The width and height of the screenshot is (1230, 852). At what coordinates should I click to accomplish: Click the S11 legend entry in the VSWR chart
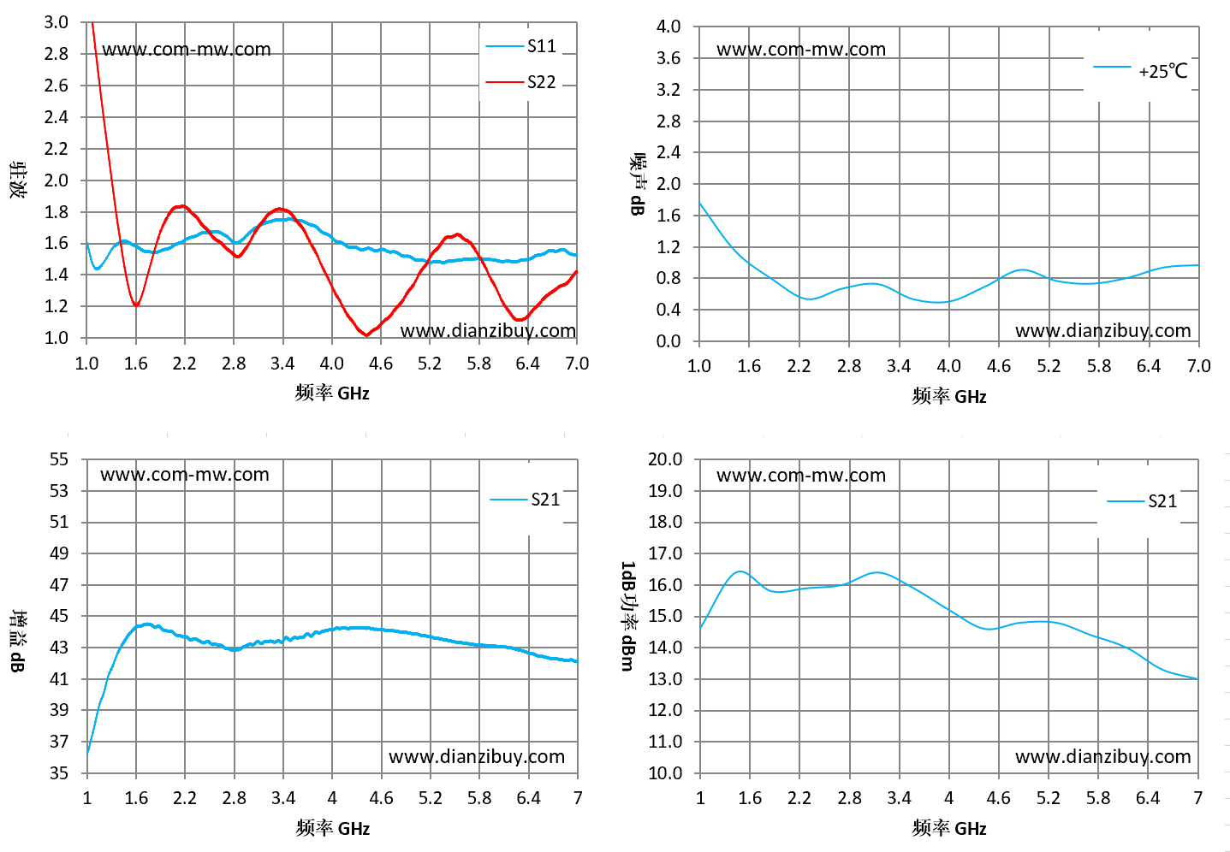pyautogui.click(x=520, y=46)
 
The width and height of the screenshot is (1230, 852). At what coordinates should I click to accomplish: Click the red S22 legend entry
pyautogui.click(x=520, y=82)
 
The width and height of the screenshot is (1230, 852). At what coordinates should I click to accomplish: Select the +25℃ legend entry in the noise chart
pyautogui.click(x=1140, y=71)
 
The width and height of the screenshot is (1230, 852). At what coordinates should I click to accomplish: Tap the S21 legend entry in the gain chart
pyautogui.click(x=525, y=500)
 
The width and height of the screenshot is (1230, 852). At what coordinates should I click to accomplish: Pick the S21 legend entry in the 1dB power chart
pyautogui.click(x=1142, y=501)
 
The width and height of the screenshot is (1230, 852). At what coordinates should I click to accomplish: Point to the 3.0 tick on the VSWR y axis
pyautogui.click(x=56, y=22)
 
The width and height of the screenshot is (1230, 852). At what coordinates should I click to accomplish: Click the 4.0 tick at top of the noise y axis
pyautogui.click(x=668, y=27)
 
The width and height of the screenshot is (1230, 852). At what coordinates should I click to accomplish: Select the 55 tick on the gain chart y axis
pyautogui.click(x=59, y=459)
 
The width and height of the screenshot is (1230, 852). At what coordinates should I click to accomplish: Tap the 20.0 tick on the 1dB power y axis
pyautogui.click(x=665, y=459)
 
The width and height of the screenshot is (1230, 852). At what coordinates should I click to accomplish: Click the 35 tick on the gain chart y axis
pyautogui.click(x=59, y=773)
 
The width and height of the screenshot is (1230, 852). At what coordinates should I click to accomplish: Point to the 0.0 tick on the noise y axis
pyautogui.click(x=668, y=341)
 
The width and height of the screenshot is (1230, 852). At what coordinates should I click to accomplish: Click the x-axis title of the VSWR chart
pyautogui.click(x=331, y=393)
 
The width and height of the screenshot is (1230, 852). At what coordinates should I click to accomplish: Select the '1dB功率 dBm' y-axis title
pyautogui.click(x=627, y=616)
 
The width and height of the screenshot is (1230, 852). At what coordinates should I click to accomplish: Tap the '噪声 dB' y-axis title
pyautogui.click(x=637, y=184)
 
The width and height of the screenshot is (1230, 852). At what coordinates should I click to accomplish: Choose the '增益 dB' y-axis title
pyautogui.click(x=18, y=641)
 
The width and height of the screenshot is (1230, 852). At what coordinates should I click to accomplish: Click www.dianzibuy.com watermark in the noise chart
pyautogui.click(x=1102, y=331)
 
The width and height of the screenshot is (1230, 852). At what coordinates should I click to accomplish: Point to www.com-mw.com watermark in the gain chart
pyautogui.click(x=185, y=475)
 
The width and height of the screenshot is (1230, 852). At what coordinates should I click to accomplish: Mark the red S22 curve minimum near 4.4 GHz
pyautogui.click(x=367, y=334)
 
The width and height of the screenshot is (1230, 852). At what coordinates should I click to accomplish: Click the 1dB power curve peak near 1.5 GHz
pyautogui.click(x=740, y=571)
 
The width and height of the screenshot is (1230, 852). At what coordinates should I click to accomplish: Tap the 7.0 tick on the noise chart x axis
pyautogui.click(x=1198, y=366)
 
